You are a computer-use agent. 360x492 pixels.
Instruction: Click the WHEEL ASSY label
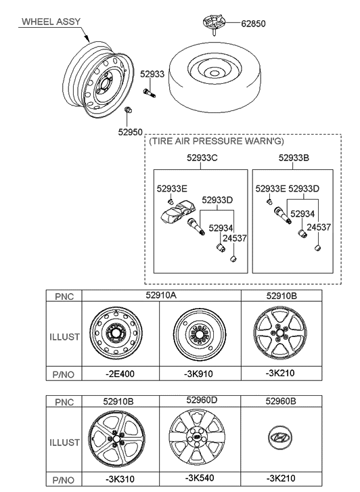(x=51, y=22)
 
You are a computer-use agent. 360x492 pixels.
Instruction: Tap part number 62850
(x=253, y=24)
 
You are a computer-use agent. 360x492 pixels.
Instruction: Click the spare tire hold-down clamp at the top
(x=213, y=24)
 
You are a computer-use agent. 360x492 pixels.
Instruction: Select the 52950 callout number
(x=130, y=132)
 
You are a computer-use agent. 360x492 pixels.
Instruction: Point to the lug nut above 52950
(x=128, y=110)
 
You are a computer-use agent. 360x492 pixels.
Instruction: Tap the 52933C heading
(x=202, y=158)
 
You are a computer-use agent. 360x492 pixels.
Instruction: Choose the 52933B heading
(x=294, y=158)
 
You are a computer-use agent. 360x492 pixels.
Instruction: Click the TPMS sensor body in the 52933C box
(x=176, y=213)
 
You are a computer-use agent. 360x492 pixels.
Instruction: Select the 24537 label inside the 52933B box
(x=319, y=227)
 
